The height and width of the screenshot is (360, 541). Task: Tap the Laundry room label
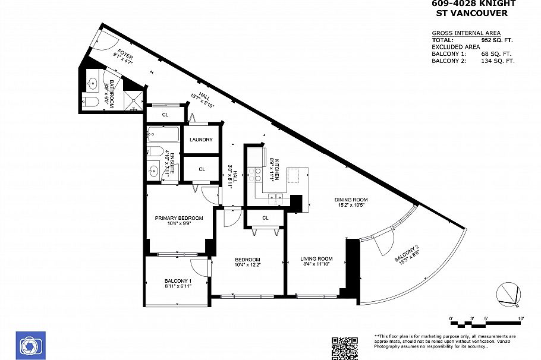click(x=201, y=140)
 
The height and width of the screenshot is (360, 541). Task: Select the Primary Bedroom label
click(x=179, y=218)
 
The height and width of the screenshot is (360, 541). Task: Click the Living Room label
click(x=316, y=259)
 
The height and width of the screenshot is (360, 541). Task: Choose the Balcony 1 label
click(x=178, y=281)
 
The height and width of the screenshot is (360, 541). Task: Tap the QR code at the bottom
click(x=344, y=348)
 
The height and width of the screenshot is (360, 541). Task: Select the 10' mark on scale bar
click(x=521, y=319)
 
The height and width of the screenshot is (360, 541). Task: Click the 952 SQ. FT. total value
click(x=496, y=40)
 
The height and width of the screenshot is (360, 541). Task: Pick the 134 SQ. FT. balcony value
click(x=498, y=61)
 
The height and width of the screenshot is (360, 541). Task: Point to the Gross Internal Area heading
click(x=465, y=33)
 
